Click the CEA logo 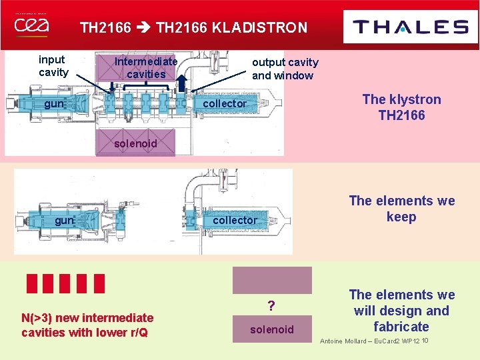31,26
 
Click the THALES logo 410,27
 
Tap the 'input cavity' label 53,66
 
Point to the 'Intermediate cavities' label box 146,68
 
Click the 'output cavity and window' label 285,69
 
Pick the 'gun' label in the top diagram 54,104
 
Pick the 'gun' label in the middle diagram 65,220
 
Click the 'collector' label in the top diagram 225,103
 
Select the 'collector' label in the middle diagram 235,220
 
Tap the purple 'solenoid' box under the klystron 135,143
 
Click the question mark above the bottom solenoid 271,306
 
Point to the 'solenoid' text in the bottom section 271,329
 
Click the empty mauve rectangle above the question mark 271,281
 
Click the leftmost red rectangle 32,283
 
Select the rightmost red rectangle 99,283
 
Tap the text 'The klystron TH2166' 401,107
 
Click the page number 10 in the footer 425,341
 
